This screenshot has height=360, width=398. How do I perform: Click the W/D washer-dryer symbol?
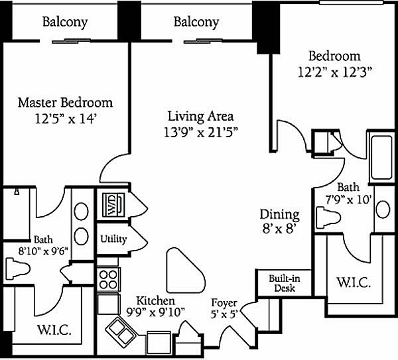click(113, 205)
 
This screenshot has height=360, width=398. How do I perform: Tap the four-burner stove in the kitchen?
click(108, 279)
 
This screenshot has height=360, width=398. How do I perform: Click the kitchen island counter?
click(186, 270)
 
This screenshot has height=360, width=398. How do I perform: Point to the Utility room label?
click(113, 239)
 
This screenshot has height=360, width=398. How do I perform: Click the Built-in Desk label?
click(285, 283)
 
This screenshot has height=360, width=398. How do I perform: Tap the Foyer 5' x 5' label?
click(224, 308)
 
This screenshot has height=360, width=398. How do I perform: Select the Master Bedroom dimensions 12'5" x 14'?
click(66, 119)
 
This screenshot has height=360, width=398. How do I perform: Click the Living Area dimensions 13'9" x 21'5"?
click(200, 133)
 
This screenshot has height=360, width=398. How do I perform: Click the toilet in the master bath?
click(18, 269)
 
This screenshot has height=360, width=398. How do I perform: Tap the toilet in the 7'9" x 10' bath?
click(328, 218)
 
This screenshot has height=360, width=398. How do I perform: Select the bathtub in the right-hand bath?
click(381, 158)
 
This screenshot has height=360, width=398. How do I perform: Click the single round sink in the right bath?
click(383, 210)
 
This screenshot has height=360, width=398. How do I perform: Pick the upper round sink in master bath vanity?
click(81, 211)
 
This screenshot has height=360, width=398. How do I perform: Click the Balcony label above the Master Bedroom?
click(65, 23)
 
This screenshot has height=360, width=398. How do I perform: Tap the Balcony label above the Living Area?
click(196, 23)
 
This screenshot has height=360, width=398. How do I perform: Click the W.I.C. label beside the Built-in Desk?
click(354, 282)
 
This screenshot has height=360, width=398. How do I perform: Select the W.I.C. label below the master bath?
click(54, 330)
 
